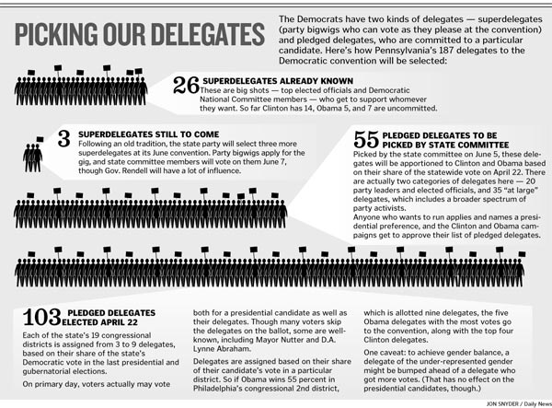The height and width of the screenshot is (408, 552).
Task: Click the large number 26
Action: [x=186, y=87]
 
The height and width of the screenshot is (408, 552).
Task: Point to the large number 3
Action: [x=63, y=140]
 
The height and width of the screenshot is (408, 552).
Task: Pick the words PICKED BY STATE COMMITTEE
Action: [x=432, y=144]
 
